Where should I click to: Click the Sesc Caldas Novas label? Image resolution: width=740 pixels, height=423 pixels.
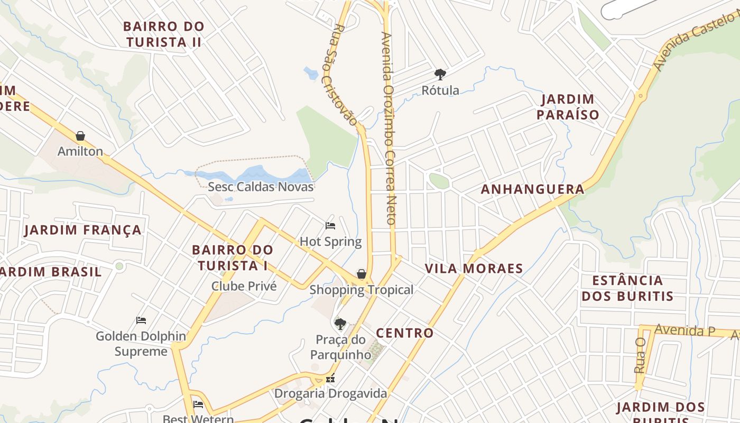coord(261,187)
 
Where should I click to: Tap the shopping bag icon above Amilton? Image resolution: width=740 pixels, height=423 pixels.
coord(80,136)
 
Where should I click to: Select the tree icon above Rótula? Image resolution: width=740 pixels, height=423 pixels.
coord(440,75)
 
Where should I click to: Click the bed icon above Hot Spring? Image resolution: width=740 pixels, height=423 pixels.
coord(330,226)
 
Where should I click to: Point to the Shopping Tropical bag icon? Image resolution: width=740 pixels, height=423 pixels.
coord(362,274)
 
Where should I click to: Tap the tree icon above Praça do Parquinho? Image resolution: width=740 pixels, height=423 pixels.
coord(340,324)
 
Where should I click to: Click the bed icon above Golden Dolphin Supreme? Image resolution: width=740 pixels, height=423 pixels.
coord(141,320)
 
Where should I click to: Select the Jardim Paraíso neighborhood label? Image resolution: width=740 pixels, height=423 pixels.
coord(568,107)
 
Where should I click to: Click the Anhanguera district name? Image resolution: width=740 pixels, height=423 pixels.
coord(532,189)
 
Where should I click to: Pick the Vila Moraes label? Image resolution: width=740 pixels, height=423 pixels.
coord(474,269)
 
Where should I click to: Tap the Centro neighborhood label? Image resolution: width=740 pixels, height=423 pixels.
coord(404,333)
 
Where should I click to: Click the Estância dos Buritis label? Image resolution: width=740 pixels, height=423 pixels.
coord(627,288)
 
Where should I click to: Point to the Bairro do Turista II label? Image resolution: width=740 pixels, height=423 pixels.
coord(164,34)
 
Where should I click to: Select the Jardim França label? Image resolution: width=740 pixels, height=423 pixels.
coord(83,230)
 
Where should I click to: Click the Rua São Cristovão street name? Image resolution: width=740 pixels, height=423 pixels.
coord(344,74)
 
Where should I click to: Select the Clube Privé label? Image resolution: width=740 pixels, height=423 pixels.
coord(244,286)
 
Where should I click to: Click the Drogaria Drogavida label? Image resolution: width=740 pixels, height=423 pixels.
coord(330,393)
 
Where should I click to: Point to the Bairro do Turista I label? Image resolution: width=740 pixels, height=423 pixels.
coord(233,258)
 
